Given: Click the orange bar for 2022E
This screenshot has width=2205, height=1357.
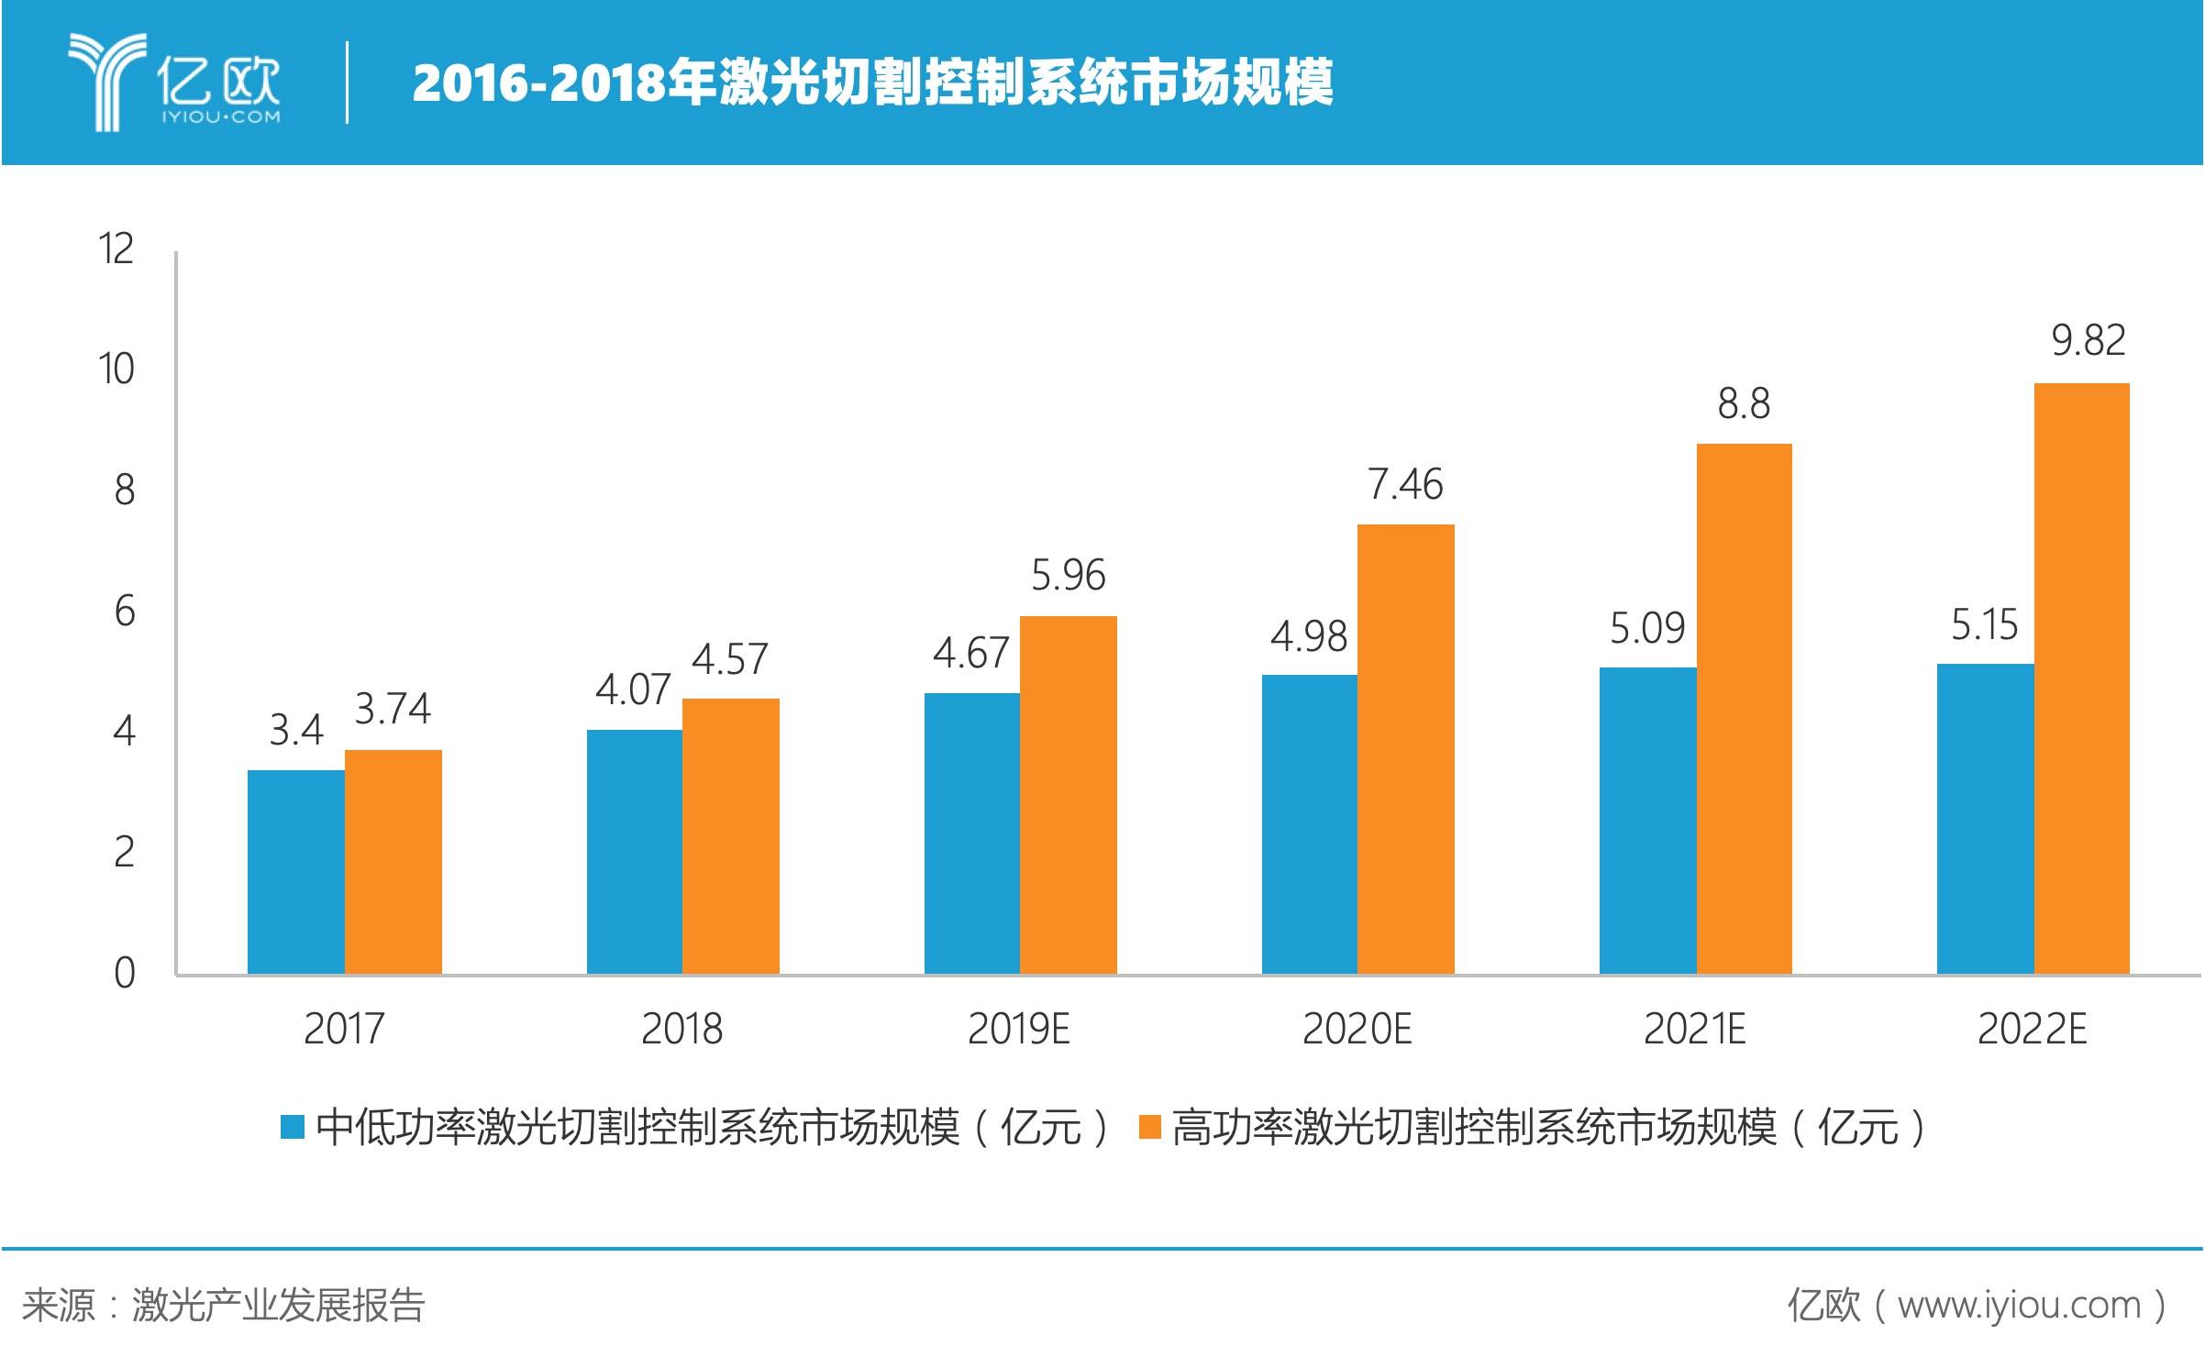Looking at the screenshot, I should tap(2081, 678).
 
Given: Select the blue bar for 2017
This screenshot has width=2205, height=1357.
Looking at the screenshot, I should tap(295, 872).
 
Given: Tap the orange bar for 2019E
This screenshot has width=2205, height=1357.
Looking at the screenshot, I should tap(1068, 795).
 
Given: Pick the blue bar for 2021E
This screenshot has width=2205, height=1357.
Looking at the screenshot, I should tap(1647, 821).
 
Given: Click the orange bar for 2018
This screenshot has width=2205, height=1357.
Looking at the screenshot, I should tap(730, 836).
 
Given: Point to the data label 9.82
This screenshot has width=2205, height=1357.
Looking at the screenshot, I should tap(2088, 341).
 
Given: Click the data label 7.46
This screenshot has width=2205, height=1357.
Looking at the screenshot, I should tap(1405, 484).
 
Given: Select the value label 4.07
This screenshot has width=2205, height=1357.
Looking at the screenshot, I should tap(633, 690).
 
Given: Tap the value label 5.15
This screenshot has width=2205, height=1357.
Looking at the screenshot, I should tap(1984, 625).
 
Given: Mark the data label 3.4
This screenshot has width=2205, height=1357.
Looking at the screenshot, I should tap(296, 731).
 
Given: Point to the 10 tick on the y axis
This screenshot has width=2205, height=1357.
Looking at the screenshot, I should tap(116, 370).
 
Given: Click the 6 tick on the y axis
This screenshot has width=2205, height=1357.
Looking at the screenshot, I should tap(125, 611).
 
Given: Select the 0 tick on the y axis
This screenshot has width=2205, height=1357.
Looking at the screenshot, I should tap(125, 973).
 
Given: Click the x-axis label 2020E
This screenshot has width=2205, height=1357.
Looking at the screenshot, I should tap(1357, 1029).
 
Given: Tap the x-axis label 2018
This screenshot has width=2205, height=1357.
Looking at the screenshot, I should tap(681, 1029).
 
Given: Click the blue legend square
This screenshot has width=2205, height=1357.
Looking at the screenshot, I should tap(292, 1126).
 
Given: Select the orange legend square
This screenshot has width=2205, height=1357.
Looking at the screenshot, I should tap(1149, 1126).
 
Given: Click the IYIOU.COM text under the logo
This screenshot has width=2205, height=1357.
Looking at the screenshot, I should tap(221, 117).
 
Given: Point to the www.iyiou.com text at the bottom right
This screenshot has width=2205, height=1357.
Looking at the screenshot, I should tap(2018, 1305).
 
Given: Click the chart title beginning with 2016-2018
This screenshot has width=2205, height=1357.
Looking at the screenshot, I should tap(872, 83).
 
